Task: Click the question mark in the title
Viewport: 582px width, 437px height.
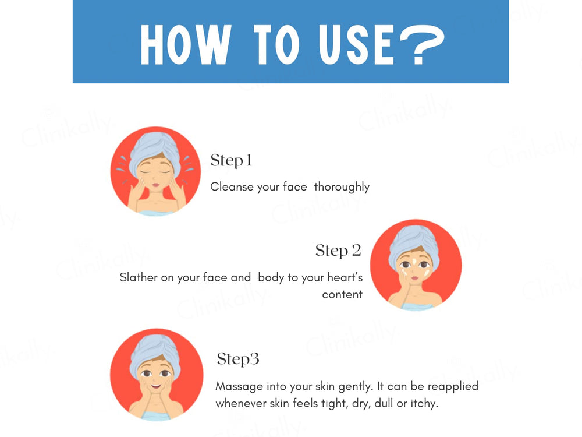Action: pyautogui.click(x=422, y=45)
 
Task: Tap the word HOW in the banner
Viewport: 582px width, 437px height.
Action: pyautogui.click(x=186, y=45)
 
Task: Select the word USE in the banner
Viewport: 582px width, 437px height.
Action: pyautogui.click(x=356, y=45)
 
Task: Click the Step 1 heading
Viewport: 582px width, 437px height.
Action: pyautogui.click(x=231, y=161)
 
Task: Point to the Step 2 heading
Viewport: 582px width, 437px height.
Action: pyautogui.click(x=338, y=251)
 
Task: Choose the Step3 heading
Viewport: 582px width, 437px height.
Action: pyautogui.click(x=238, y=359)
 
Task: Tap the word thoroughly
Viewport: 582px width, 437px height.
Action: pyautogui.click(x=342, y=187)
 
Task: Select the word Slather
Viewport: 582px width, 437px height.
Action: pyautogui.click(x=139, y=277)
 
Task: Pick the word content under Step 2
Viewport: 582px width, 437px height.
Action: pyautogui.click(x=342, y=295)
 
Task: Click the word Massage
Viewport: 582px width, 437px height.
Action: pyautogui.click(x=239, y=387)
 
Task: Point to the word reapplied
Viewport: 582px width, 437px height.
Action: pyautogui.click(x=453, y=387)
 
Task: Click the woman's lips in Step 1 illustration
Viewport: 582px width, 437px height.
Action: pyautogui.click(x=156, y=185)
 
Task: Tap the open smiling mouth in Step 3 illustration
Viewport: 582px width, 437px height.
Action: pyautogui.click(x=156, y=386)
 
